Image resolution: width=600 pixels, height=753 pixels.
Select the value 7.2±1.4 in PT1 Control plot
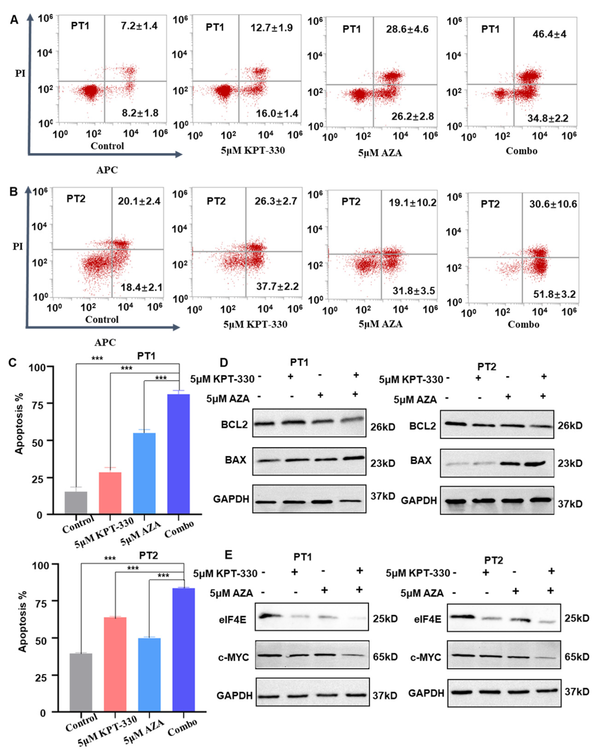139,26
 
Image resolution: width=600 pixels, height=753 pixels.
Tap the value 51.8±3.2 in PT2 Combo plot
554,294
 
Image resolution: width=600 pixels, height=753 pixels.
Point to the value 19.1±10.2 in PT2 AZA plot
412,203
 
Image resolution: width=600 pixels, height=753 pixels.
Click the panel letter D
224,362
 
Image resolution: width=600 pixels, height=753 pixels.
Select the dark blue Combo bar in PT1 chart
179,454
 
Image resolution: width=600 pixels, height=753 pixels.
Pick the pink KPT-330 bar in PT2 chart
115,663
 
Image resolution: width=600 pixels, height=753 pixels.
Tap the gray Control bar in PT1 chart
76,503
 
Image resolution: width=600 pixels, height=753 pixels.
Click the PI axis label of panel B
18,246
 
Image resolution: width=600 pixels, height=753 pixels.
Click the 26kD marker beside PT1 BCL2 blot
383,427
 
